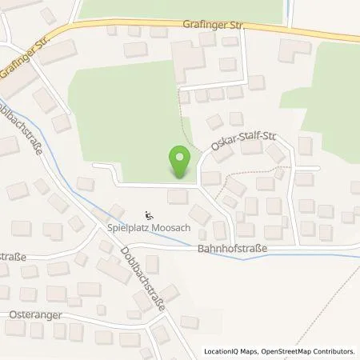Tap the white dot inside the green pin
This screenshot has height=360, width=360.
point(182,157)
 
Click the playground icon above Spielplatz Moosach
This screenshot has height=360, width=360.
point(149,214)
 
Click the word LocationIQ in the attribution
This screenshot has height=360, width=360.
point(223,351)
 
